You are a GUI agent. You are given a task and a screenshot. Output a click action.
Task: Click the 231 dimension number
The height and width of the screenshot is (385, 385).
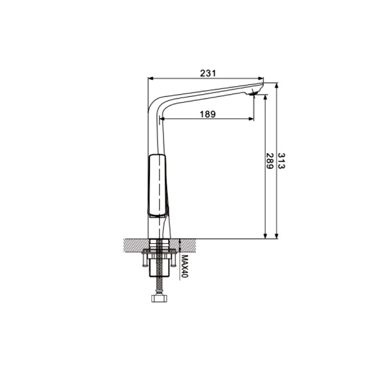click(208, 73)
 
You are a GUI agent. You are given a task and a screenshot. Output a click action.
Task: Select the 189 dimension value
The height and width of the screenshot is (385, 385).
click(208, 114)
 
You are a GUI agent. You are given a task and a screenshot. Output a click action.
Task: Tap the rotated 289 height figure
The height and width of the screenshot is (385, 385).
click(269, 161)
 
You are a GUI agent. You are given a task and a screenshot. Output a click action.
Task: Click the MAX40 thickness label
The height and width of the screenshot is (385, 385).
click(185, 266)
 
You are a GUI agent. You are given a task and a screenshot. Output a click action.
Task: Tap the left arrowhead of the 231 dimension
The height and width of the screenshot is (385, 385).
click(150, 78)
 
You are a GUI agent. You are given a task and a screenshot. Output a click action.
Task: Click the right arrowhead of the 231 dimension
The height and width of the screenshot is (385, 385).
click(261, 78)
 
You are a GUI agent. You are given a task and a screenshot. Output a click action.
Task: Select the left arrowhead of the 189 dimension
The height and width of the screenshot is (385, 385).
click(162, 119)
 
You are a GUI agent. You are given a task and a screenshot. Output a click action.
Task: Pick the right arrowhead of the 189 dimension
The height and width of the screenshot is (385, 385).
click(251, 119)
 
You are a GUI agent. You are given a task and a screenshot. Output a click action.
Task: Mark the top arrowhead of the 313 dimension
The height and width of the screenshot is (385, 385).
click(277, 86)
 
